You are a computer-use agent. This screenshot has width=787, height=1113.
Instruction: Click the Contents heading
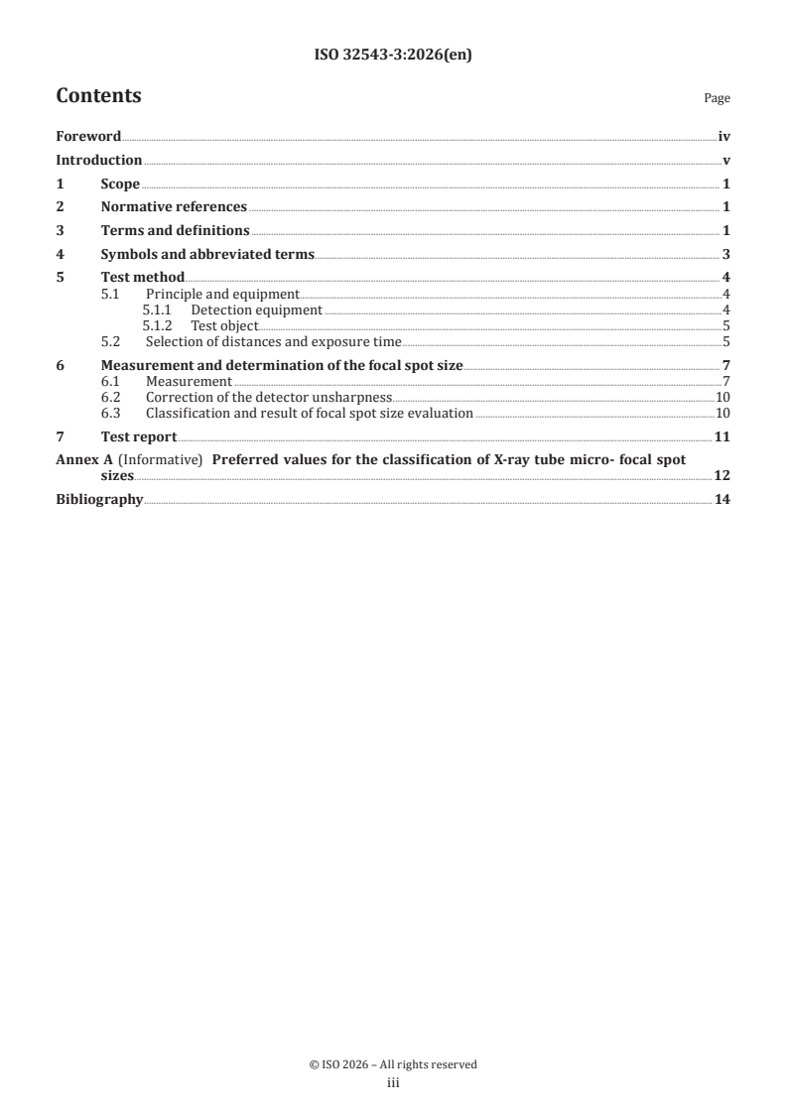click(98, 96)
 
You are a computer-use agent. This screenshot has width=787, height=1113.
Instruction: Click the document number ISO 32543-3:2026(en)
click(393, 56)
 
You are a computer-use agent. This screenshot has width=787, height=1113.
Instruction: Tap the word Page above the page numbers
click(717, 98)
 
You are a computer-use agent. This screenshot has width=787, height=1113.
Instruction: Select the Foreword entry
click(88, 137)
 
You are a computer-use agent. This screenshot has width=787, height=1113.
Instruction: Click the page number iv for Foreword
click(724, 137)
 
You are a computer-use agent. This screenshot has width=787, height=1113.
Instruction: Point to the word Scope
click(120, 184)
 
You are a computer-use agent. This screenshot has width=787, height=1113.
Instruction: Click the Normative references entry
click(174, 206)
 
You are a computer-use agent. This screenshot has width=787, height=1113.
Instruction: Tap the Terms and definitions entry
click(176, 230)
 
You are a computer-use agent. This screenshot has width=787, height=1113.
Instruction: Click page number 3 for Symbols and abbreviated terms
click(726, 254)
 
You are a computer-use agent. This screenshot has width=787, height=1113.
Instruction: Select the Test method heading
click(143, 277)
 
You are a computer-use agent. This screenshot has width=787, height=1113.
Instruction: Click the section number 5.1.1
click(157, 309)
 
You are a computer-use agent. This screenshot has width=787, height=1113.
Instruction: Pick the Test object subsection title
click(224, 325)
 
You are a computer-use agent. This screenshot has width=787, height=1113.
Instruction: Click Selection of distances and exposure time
click(273, 341)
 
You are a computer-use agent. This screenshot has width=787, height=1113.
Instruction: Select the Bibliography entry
click(99, 499)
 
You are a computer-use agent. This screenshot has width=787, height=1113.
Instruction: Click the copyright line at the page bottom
click(393, 1064)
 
